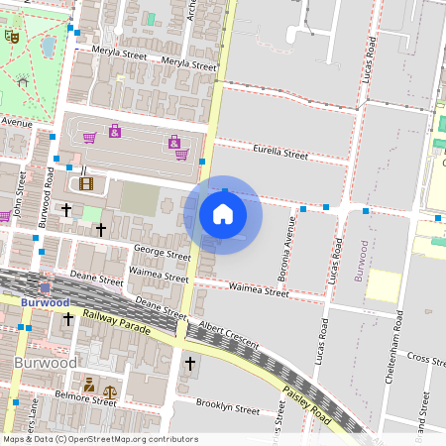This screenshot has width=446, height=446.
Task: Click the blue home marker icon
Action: (x=222, y=214)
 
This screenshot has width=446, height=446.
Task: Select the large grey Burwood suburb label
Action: (x=47, y=363)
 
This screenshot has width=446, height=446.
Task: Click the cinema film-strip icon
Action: (x=86, y=182)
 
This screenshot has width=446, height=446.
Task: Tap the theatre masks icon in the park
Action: (x=12, y=36)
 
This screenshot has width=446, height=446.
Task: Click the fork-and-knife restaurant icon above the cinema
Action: (x=69, y=169)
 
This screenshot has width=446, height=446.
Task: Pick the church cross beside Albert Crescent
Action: (x=189, y=364)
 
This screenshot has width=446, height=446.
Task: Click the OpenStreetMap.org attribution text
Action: (x=131, y=439)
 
